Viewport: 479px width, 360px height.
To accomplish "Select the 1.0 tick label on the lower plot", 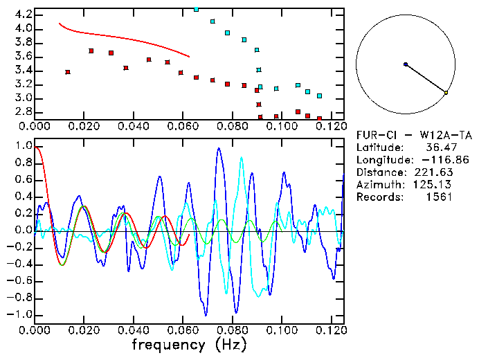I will pos(23,146).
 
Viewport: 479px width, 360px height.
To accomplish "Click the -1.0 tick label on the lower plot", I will pos(20,314).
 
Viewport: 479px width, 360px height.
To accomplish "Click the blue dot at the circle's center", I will pos(406,64).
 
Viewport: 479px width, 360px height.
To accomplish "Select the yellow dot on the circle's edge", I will pos(446,93).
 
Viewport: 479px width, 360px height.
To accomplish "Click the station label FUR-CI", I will pos(374,135).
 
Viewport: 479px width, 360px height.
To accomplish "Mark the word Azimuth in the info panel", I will pos(378,184).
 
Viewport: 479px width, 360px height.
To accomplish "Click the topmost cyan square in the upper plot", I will pos(196,9).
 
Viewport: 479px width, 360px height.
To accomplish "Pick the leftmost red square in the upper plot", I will pos(67,72).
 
